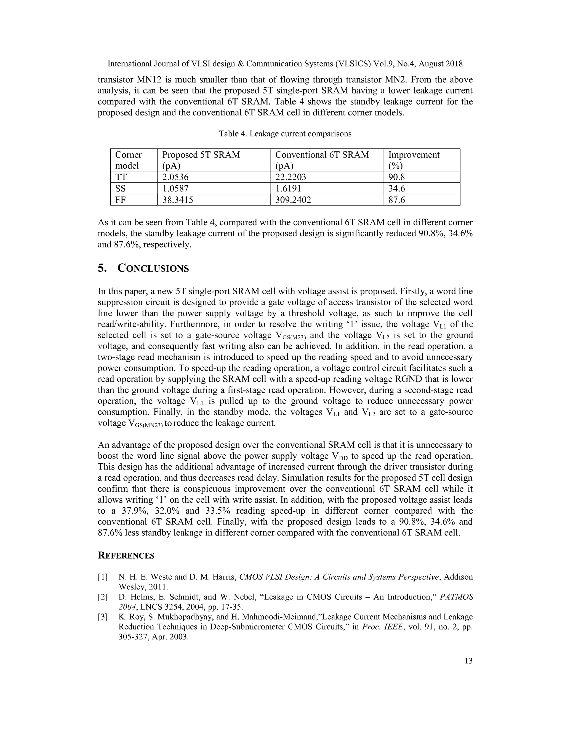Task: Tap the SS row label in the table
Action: coord(121,188)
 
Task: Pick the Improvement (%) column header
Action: coord(414,160)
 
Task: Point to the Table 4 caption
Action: coord(285,134)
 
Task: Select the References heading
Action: coord(126,556)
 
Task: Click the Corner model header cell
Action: coord(129,160)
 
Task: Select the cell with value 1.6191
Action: coord(288,188)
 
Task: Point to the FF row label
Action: coord(121,200)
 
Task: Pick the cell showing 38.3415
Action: coord(178,200)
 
